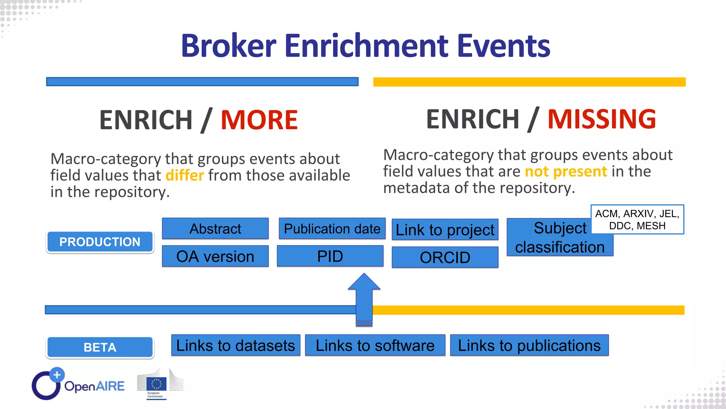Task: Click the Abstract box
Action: [x=215, y=229]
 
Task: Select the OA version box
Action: [x=215, y=256]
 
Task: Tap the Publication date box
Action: [x=332, y=229]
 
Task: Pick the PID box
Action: [x=330, y=256]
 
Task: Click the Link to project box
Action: [x=445, y=230]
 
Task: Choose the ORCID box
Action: [x=445, y=257]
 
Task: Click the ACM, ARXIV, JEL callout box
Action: [x=637, y=219]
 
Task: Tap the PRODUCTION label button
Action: [x=100, y=242]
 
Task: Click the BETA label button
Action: [x=100, y=347]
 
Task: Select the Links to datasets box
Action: [x=236, y=345]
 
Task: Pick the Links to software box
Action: [x=375, y=345]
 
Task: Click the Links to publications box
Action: [x=529, y=345]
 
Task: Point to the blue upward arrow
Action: [x=364, y=298]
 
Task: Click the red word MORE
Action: [x=259, y=120]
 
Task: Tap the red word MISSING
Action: [x=602, y=119]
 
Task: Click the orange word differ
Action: [x=185, y=175]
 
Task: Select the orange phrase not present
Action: [x=566, y=171]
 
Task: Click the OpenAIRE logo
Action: [x=78, y=385]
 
